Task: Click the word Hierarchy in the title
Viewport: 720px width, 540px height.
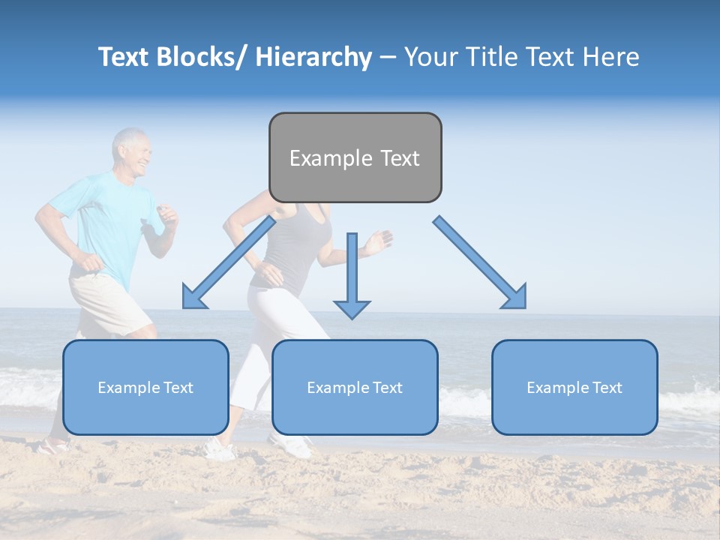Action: coord(313,57)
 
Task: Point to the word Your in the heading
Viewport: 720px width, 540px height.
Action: coord(430,57)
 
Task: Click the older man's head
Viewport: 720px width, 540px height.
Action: coord(132,152)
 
